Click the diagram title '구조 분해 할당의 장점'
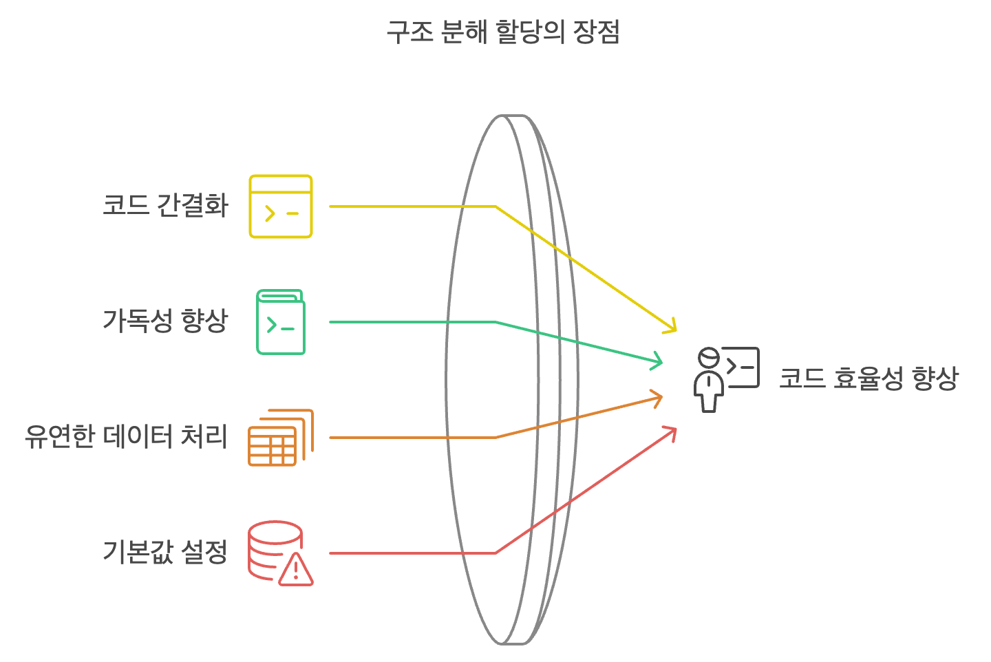503,32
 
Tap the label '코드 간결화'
165,206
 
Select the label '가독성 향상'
165,321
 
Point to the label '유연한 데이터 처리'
126,436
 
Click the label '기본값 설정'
165,551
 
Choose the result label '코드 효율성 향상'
869,378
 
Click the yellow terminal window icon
281,206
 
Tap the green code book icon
281,322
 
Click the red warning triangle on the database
296,570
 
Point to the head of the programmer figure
708,358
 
